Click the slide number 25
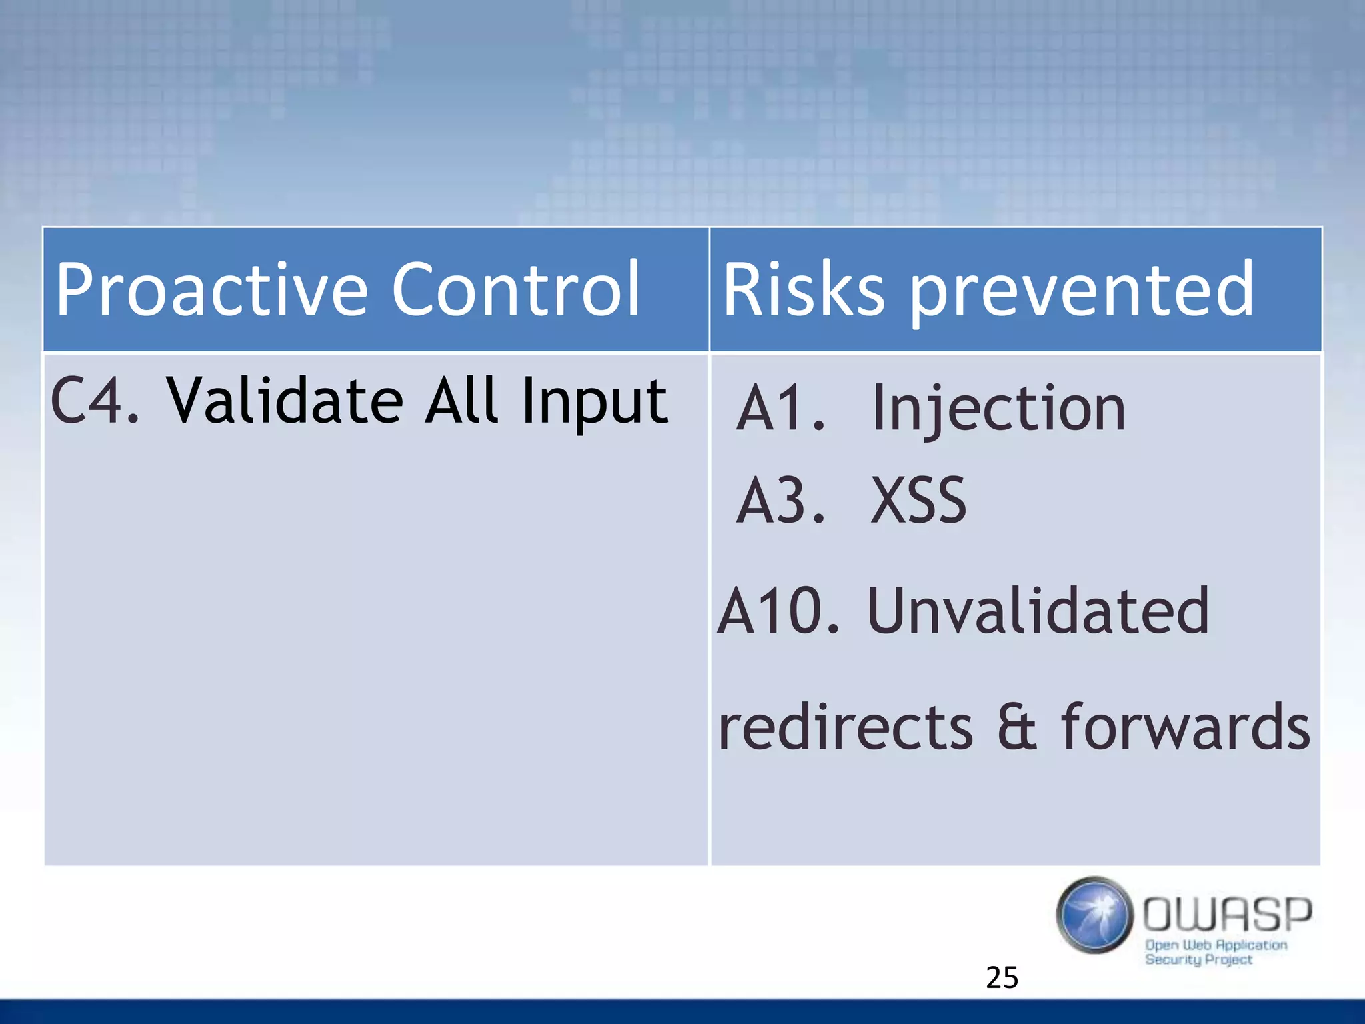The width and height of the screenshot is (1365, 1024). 1002,977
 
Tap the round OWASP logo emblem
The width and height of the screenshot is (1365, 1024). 1094,915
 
